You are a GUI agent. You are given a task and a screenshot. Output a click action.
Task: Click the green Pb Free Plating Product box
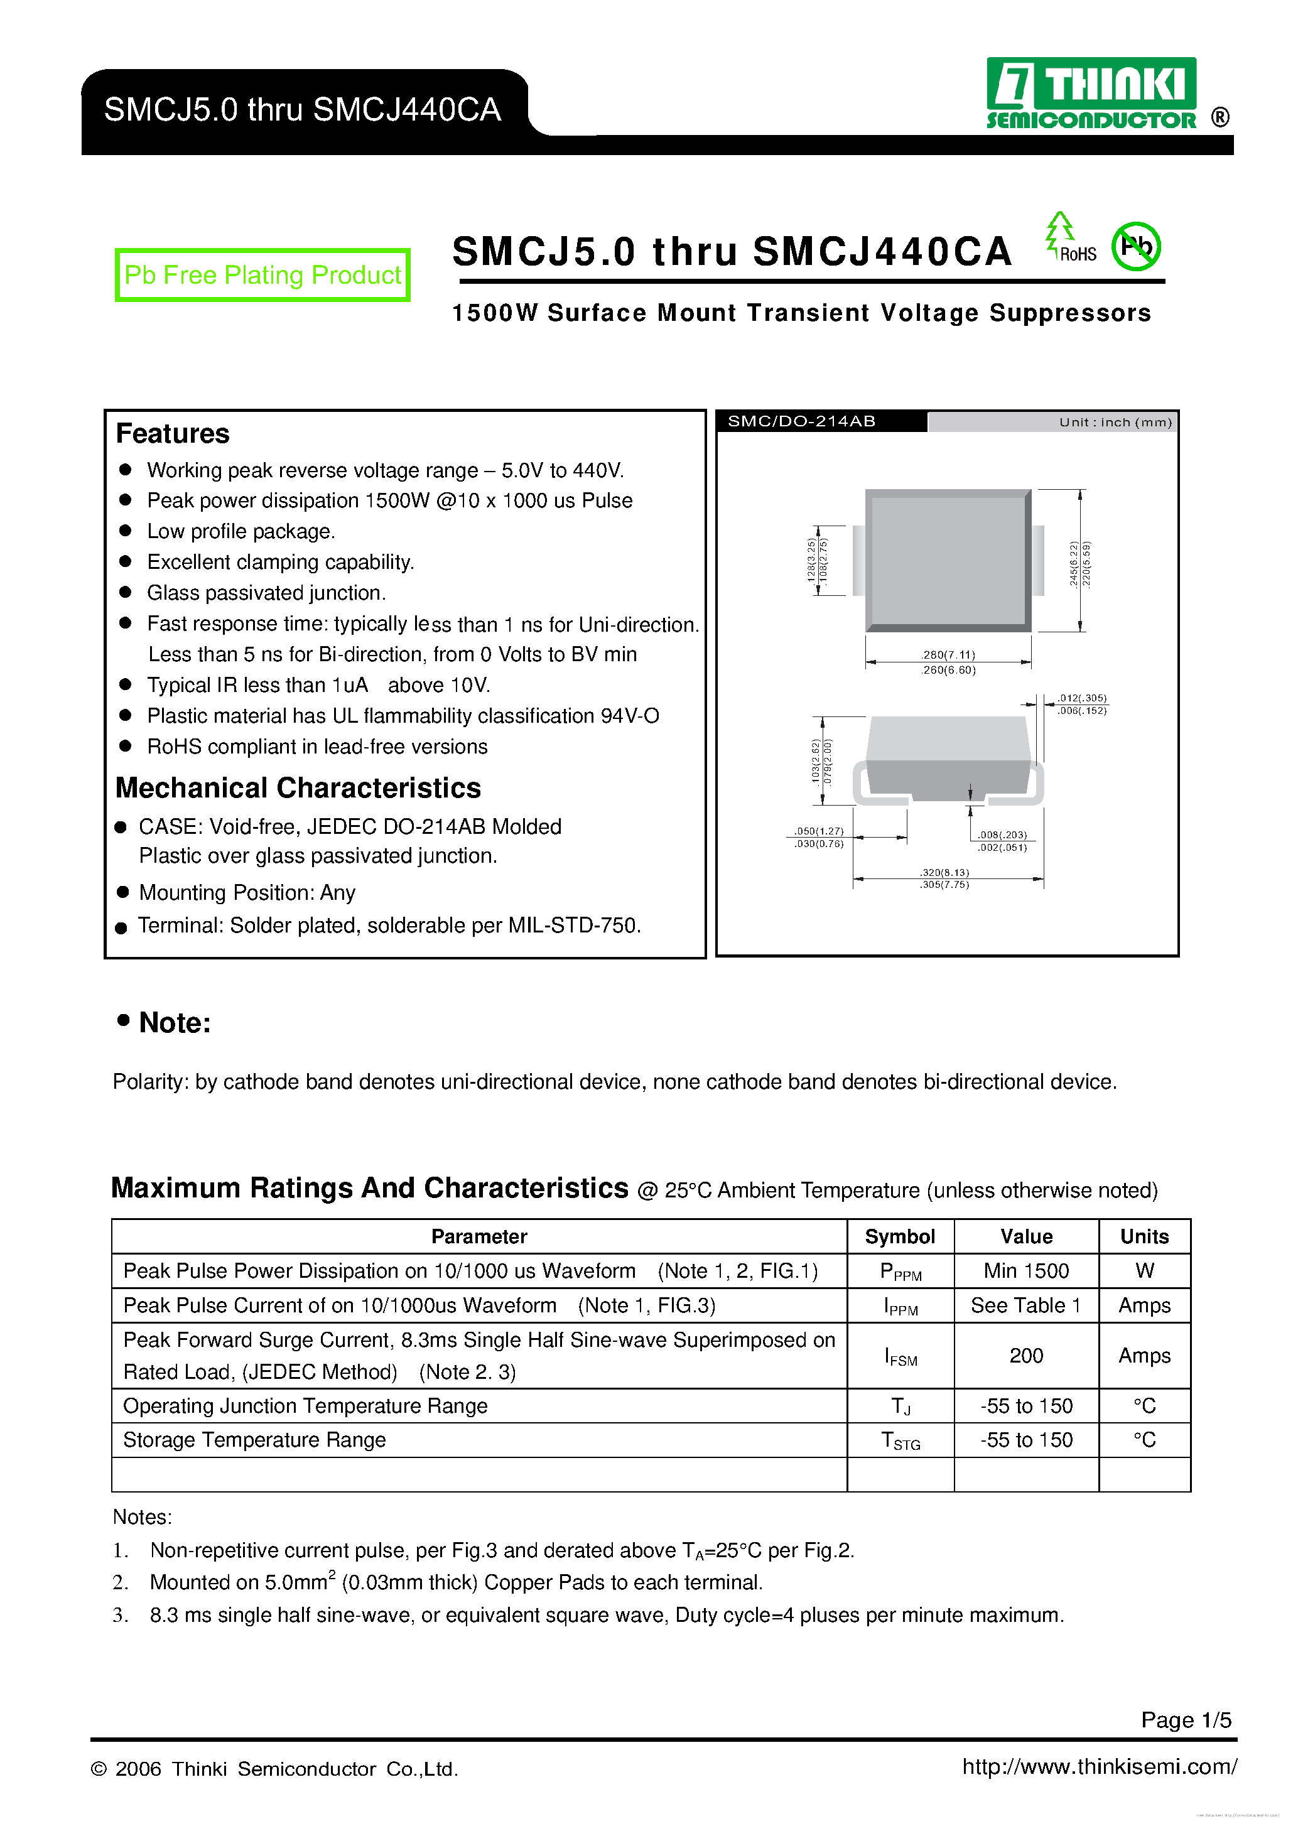point(262,275)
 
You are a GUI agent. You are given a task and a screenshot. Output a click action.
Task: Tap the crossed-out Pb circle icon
point(1135,246)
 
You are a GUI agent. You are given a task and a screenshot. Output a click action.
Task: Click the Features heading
point(173,433)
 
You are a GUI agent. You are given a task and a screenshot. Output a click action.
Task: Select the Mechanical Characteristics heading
point(298,787)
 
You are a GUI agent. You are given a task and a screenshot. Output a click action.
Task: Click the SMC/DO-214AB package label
point(801,421)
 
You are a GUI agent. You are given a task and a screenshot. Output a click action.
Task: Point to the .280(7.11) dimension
point(948,655)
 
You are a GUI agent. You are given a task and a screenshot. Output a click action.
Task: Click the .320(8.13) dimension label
point(944,872)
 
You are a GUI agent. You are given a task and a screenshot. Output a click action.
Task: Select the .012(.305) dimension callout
point(1081,698)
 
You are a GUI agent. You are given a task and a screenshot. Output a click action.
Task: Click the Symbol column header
point(900,1237)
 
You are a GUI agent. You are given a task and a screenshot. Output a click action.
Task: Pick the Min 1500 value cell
point(1026,1272)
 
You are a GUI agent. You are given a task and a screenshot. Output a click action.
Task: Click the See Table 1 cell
point(1026,1306)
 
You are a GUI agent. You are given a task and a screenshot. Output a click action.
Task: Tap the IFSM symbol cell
point(900,1356)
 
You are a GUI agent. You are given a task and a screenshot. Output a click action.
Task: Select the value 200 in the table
point(1026,1356)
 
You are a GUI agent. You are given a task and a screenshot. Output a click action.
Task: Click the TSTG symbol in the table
point(900,1441)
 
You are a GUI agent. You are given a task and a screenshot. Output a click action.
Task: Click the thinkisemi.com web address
point(1100,1766)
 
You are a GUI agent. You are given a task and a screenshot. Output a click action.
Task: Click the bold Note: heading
point(175,1023)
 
